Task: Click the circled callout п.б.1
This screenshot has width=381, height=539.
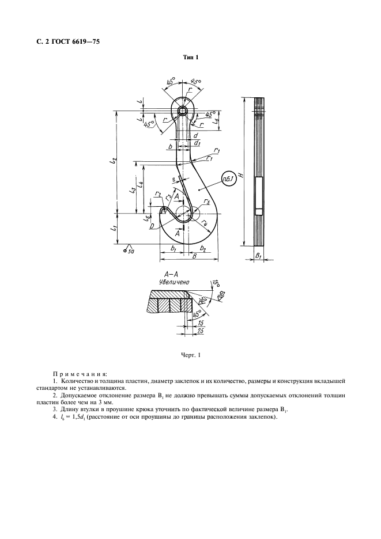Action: coord(228,180)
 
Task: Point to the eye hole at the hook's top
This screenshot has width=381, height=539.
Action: coord(183,110)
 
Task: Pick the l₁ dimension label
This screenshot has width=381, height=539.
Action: coord(114,229)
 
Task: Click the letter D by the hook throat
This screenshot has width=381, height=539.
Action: coord(150,226)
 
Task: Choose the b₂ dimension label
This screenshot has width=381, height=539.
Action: coord(202,248)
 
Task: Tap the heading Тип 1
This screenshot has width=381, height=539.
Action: coord(190,57)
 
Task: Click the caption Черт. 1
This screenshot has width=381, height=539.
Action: coord(190,355)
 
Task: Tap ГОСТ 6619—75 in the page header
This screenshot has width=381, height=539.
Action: coord(77,41)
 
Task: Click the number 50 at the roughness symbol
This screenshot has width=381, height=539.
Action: coord(131,252)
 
